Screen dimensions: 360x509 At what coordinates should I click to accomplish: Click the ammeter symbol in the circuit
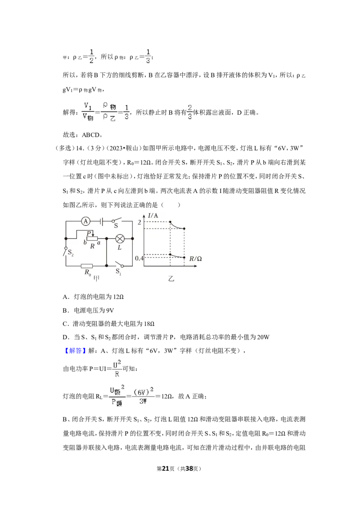click(85, 221)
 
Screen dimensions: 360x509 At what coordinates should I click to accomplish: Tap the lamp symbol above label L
click(120, 239)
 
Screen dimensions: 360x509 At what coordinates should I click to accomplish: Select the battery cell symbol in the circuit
click(102, 221)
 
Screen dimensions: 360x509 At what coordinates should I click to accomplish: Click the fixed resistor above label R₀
click(87, 266)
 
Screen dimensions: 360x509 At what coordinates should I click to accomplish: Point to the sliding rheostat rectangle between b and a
click(92, 239)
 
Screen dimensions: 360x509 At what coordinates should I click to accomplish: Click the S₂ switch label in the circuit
click(71, 252)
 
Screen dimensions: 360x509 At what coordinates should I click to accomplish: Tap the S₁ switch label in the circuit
click(118, 272)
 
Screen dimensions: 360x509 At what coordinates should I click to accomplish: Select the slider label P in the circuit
click(88, 233)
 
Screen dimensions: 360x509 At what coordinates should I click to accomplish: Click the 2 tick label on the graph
click(139, 223)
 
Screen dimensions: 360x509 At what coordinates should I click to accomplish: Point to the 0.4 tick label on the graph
click(139, 259)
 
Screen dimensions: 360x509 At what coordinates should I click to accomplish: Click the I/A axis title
click(153, 215)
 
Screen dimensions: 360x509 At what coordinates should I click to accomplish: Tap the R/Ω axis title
click(196, 259)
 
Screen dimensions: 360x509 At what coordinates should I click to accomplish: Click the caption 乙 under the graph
click(171, 278)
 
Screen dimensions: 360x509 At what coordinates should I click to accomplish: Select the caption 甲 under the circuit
click(96, 278)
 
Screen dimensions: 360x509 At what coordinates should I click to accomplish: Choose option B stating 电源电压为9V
click(88, 310)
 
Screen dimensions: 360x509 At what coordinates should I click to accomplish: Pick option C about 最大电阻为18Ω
click(108, 324)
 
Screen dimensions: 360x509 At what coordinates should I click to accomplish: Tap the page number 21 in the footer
click(166, 469)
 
